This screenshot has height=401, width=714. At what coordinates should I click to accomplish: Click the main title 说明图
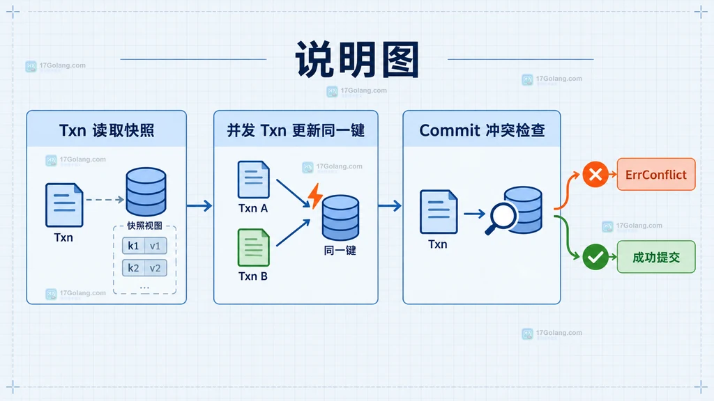pyautogui.click(x=357, y=60)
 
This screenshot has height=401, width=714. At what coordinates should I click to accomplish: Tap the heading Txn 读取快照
pyautogui.click(x=107, y=130)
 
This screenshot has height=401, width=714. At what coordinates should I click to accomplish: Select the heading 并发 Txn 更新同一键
pyautogui.click(x=296, y=130)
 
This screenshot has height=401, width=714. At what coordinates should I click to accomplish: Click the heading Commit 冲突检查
pyautogui.click(x=482, y=130)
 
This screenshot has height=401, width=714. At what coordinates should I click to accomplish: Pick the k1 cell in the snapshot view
pyautogui.click(x=133, y=246)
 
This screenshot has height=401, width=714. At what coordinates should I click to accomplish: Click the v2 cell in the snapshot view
pyautogui.click(x=155, y=268)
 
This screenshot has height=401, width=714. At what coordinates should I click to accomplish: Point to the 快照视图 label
pyautogui.click(x=144, y=226)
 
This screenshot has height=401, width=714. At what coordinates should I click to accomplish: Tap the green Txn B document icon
pyautogui.click(x=254, y=247)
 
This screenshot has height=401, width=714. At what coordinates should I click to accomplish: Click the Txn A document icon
pyautogui.click(x=254, y=180)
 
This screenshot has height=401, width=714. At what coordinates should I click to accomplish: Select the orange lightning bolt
pyautogui.click(x=315, y=196)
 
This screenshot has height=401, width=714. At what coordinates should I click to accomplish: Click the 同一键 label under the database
pyautogui.click(x=340, y=251)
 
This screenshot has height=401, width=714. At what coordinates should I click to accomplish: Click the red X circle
pyautogui.click(x=595, y=174)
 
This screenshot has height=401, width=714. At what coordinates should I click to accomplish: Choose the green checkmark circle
pyautogui.click(x=595, y=257)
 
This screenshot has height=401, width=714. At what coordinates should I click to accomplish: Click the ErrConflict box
pyautogui.click(x=656, y=174)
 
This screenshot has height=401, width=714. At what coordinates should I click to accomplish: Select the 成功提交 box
pyautogui.click(x=656, y=257)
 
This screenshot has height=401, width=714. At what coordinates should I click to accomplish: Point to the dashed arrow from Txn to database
pyautogui.click(x=105, y=200)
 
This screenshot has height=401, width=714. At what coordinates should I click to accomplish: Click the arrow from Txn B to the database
pyautogui.click(x=294, y=233)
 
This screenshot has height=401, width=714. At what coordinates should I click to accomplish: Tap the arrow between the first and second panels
pyautogui.click(x=199, y=205)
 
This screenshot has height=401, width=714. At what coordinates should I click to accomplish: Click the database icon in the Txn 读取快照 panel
pyautogui.click(x=146, y=191)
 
